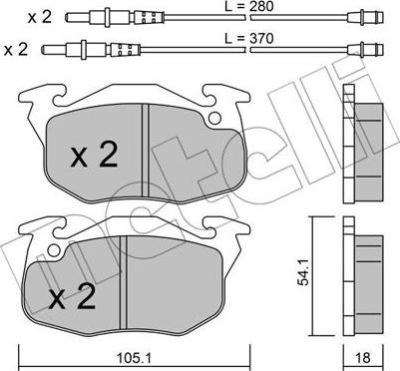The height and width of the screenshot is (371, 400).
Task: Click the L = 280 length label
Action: tap(248, 6)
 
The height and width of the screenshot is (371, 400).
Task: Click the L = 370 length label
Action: tap(248, 39)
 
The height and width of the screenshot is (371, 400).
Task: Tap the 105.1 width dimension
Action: tap(134, 358)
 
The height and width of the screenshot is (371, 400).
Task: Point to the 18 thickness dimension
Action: tap(363, 358)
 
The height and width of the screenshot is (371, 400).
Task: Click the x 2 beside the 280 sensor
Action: tap(40, 17)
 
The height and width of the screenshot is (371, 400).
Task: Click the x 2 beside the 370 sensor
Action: tap(16, 50)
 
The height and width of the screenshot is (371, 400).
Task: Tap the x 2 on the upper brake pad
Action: tap(94, 155)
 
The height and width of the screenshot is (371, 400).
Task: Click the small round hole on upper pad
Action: tap(215, 118)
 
